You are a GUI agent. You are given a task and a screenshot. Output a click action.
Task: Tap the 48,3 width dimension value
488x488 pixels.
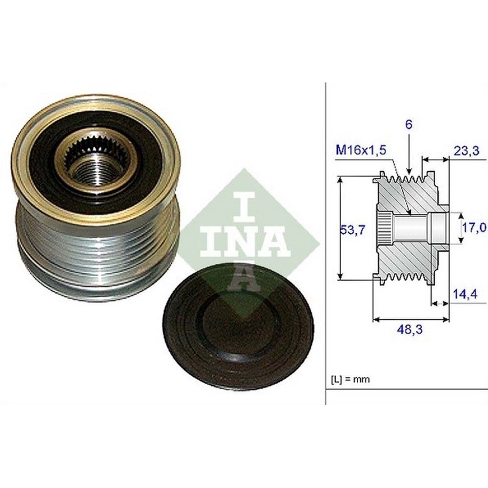tap(409, 329)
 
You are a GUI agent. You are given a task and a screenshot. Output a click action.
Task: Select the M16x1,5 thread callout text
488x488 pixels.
tap(361, 150)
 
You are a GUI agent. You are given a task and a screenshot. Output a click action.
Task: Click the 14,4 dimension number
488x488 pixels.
tap(465, 294)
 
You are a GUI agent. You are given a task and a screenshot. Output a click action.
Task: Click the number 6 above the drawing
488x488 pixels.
tap(408, 124)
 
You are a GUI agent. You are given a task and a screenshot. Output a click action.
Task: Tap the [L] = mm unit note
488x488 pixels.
tap(350, 380)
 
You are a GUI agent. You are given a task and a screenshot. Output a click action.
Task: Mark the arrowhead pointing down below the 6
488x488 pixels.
tap(409, 171)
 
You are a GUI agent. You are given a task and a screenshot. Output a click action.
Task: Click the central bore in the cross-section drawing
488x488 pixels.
tap(411, 229)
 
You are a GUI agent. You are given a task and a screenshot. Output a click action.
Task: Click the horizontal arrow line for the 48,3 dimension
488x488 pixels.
tap(411, 319)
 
